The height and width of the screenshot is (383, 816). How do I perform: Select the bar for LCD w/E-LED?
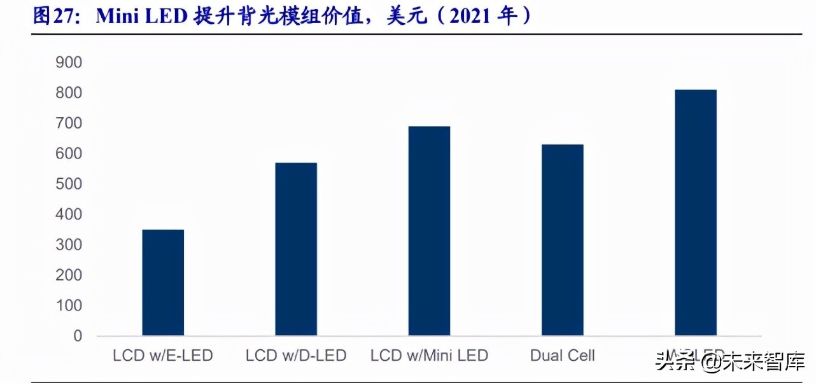pyautogui.click(x=163, y=282)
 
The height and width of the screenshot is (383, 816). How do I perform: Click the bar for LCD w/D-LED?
pyautogui.click(x=296, y=249)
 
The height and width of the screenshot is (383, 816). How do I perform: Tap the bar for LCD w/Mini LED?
pyautogui.click(x=429, y=230)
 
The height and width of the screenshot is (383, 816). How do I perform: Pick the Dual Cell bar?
pyautogui.click(x=562, y=240)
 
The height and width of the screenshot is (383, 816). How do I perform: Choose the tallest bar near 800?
pyautogui.click(x=695, y=212)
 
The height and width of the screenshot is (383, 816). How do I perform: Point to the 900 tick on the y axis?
pyautogui.click(x=69, y=62)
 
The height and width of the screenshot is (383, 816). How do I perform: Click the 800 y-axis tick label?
pyautogui.click(x=69, y=93)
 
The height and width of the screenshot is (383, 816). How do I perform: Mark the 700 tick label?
pyautogui.click(x=69, y=123)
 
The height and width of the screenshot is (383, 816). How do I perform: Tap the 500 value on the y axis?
pyautogui.click(x=69, y=184)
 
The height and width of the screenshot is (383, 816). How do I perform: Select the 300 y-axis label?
pyautogui.click(x=69, y=245)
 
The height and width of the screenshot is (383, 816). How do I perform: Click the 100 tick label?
pyautogui.click(x=69, y=305)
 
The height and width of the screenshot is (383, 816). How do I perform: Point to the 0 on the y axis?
pyautogui.click(x=78, y=336)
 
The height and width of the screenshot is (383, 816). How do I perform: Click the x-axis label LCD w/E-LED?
pyautogui.click(x=162, y=355)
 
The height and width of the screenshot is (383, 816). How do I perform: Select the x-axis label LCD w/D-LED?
pyautogui.click(x=296, y=355)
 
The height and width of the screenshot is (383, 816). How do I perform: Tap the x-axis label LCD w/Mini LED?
pyautogui.click(x=429, y=355)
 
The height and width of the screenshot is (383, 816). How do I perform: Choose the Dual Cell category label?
pyautogui.click(x=563, y=355)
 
